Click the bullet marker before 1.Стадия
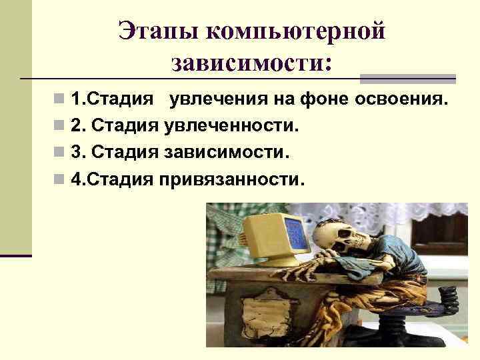click(x=61, y=100)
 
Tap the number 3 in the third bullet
click(x=76, y=152)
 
